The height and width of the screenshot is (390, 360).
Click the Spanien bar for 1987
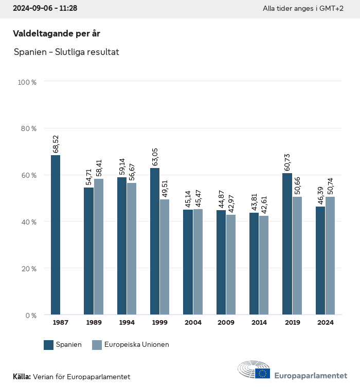(56, 235)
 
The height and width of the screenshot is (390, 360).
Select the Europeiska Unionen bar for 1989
(99, 247)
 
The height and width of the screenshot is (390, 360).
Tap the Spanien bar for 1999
(155, 241)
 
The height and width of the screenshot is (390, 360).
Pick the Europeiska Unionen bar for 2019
(297, 255)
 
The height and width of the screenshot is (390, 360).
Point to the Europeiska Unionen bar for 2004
(198, 262)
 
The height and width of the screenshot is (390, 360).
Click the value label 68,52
(56, 144)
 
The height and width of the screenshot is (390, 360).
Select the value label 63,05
(155, 157)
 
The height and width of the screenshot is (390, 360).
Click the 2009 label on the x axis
(226, 323)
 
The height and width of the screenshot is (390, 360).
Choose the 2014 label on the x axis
(259, 323)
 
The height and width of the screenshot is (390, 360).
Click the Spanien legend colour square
(49, 345)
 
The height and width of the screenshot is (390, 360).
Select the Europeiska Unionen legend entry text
(137, 345)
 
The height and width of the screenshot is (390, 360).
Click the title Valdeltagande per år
(57, 33)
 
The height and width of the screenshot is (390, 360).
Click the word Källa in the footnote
(22, 377)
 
